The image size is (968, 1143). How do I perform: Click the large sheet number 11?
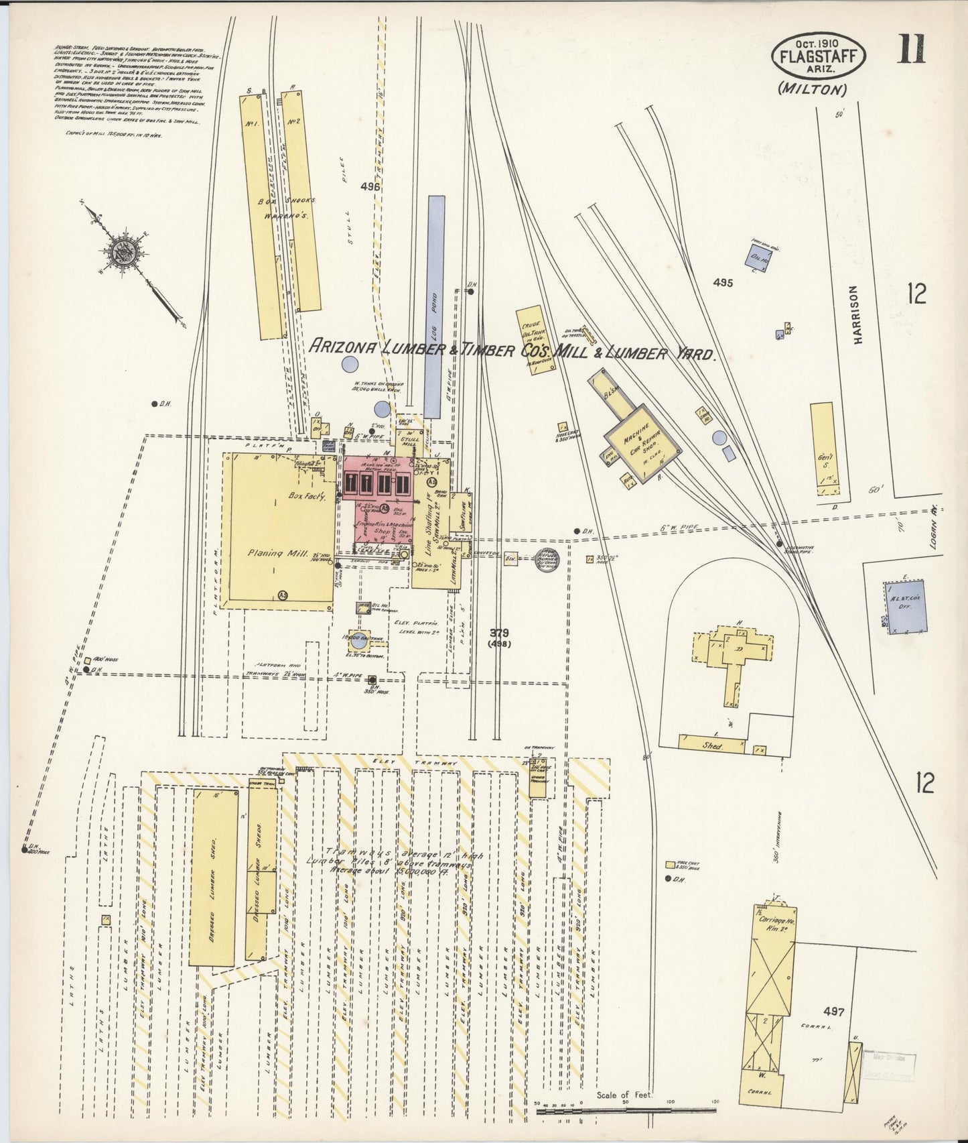(x=912, y=48)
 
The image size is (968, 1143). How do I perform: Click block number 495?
(x=723, y=282)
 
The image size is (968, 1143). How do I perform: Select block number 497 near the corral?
(x=835, y=1012)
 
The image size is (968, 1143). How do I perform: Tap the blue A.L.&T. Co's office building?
(x=906, y=607)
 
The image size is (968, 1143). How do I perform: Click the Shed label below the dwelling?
(x=711, y=745)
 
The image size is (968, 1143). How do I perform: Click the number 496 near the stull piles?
(x=369, y=187)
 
